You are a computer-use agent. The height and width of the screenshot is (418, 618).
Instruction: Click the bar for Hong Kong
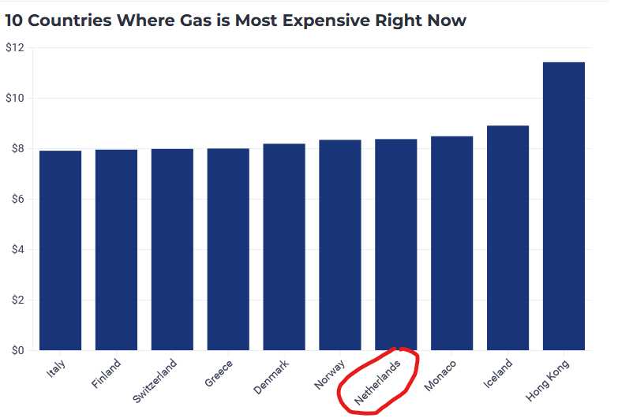pos(564,207)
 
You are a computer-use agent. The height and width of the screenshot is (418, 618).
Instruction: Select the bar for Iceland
pos(508,238)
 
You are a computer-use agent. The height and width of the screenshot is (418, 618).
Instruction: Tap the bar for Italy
pos(60,250)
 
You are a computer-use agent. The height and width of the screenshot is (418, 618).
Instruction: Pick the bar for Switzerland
pos(172,249)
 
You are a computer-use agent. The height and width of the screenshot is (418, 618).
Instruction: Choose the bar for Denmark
pos(284,247)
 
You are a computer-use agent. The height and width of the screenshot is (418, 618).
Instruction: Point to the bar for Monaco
pos(452,243)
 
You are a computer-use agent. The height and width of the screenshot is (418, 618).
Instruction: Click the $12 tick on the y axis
pos(15,48)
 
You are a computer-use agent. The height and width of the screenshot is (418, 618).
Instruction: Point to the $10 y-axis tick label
pos(15,99)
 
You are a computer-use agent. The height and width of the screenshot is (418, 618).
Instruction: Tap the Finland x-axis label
pos(107,374)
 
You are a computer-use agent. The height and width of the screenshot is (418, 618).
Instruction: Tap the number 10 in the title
pos(13,21)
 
